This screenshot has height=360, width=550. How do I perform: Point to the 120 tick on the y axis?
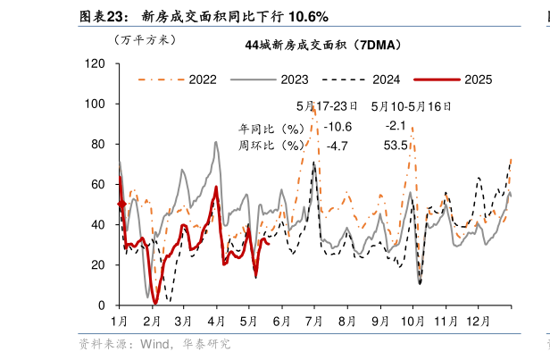pyautogui.click(x=96, y=63)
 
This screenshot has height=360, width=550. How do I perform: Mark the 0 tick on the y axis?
pyautogui.click(x=102, y=306)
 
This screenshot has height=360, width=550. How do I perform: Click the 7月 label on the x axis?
pyautogui.click(x=314, y=321)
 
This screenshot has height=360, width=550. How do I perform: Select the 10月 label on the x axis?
pyautogui.click(x=412, y=321)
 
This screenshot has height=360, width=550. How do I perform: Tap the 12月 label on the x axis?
pyautogui.click(x=478, y=321)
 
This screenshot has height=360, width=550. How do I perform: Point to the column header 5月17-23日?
pyautogui.click(x=327, y=105)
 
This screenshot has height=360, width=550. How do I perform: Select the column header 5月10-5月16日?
pyautogui.click(x=411, y=105)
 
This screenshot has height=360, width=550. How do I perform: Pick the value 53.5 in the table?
pyautogui.click(x=395, y=145)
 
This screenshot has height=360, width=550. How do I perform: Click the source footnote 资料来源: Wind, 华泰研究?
pyautogui.click(x=154, y=343)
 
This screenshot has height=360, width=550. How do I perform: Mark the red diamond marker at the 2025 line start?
pyautogui.click(x=121, y=205)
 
